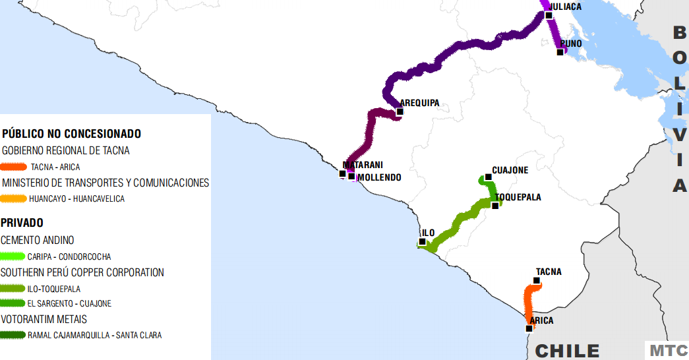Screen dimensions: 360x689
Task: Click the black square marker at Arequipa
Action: (x=400, y=111)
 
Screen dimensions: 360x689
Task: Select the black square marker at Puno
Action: (x=560, y=52)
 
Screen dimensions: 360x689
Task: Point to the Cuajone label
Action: (x=510, y=170)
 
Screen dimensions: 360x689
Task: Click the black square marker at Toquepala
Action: (x=495, y=206)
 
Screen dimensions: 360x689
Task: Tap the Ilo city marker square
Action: (x=422, y=242)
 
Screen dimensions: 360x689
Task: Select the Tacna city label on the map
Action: (x=549, y=272)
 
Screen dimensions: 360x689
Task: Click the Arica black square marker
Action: (x=529, y=328)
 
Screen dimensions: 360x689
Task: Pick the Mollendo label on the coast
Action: (x=379, y=178)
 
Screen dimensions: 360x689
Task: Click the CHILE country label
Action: (x=567, y=351)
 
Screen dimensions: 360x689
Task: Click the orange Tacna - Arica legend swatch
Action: (x=14, y=167)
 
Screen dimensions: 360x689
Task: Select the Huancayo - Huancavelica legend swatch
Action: (x=14, y=198)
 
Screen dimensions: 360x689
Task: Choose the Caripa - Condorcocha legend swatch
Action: (x=14, y=256)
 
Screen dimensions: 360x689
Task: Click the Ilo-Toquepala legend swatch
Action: (x=14, y=288)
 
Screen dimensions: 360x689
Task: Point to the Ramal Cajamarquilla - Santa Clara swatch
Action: (x=14, y=335)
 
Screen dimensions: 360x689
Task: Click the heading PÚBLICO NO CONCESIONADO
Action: (x=71, y=134)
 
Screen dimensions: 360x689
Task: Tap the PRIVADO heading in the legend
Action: (x=22, y=224)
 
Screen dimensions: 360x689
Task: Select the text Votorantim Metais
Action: (x=44, y=319)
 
